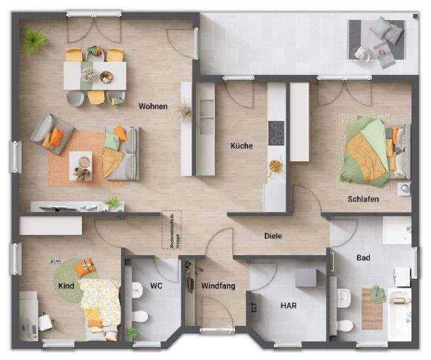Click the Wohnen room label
coord(152,106)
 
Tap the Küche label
coord(241,146)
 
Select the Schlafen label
coord(363,199)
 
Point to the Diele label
coord(273,236)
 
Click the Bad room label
coord(363,258)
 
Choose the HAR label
coord(289,305)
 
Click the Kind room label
coord(65,286)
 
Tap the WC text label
coord(156,286)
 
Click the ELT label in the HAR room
coord(254,305)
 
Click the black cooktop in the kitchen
coord(276,132)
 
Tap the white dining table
coord(95,75)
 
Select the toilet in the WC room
coord(140,317)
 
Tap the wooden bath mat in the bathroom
coord(372,308)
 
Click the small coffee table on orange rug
coord(81,163)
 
